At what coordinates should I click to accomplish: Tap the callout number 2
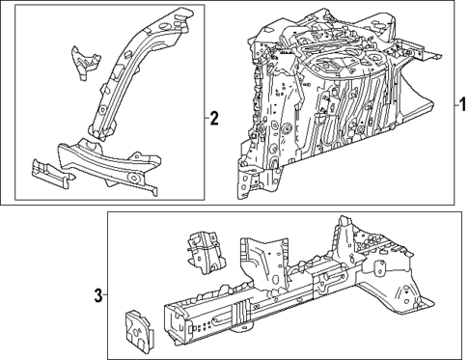(214, 120)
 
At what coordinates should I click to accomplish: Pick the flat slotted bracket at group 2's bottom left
(50, 169)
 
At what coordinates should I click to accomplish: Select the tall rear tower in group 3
(345, 241)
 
